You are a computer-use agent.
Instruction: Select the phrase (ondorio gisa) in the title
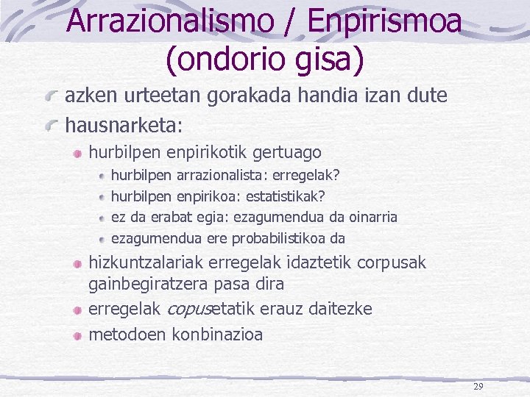265,60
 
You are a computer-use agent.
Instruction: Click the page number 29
478,387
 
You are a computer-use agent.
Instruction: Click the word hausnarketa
121,125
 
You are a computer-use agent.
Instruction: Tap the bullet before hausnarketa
51,126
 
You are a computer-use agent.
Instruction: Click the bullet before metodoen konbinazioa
77,335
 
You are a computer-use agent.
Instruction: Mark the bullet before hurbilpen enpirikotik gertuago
77,154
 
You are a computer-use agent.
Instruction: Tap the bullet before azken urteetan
51,96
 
